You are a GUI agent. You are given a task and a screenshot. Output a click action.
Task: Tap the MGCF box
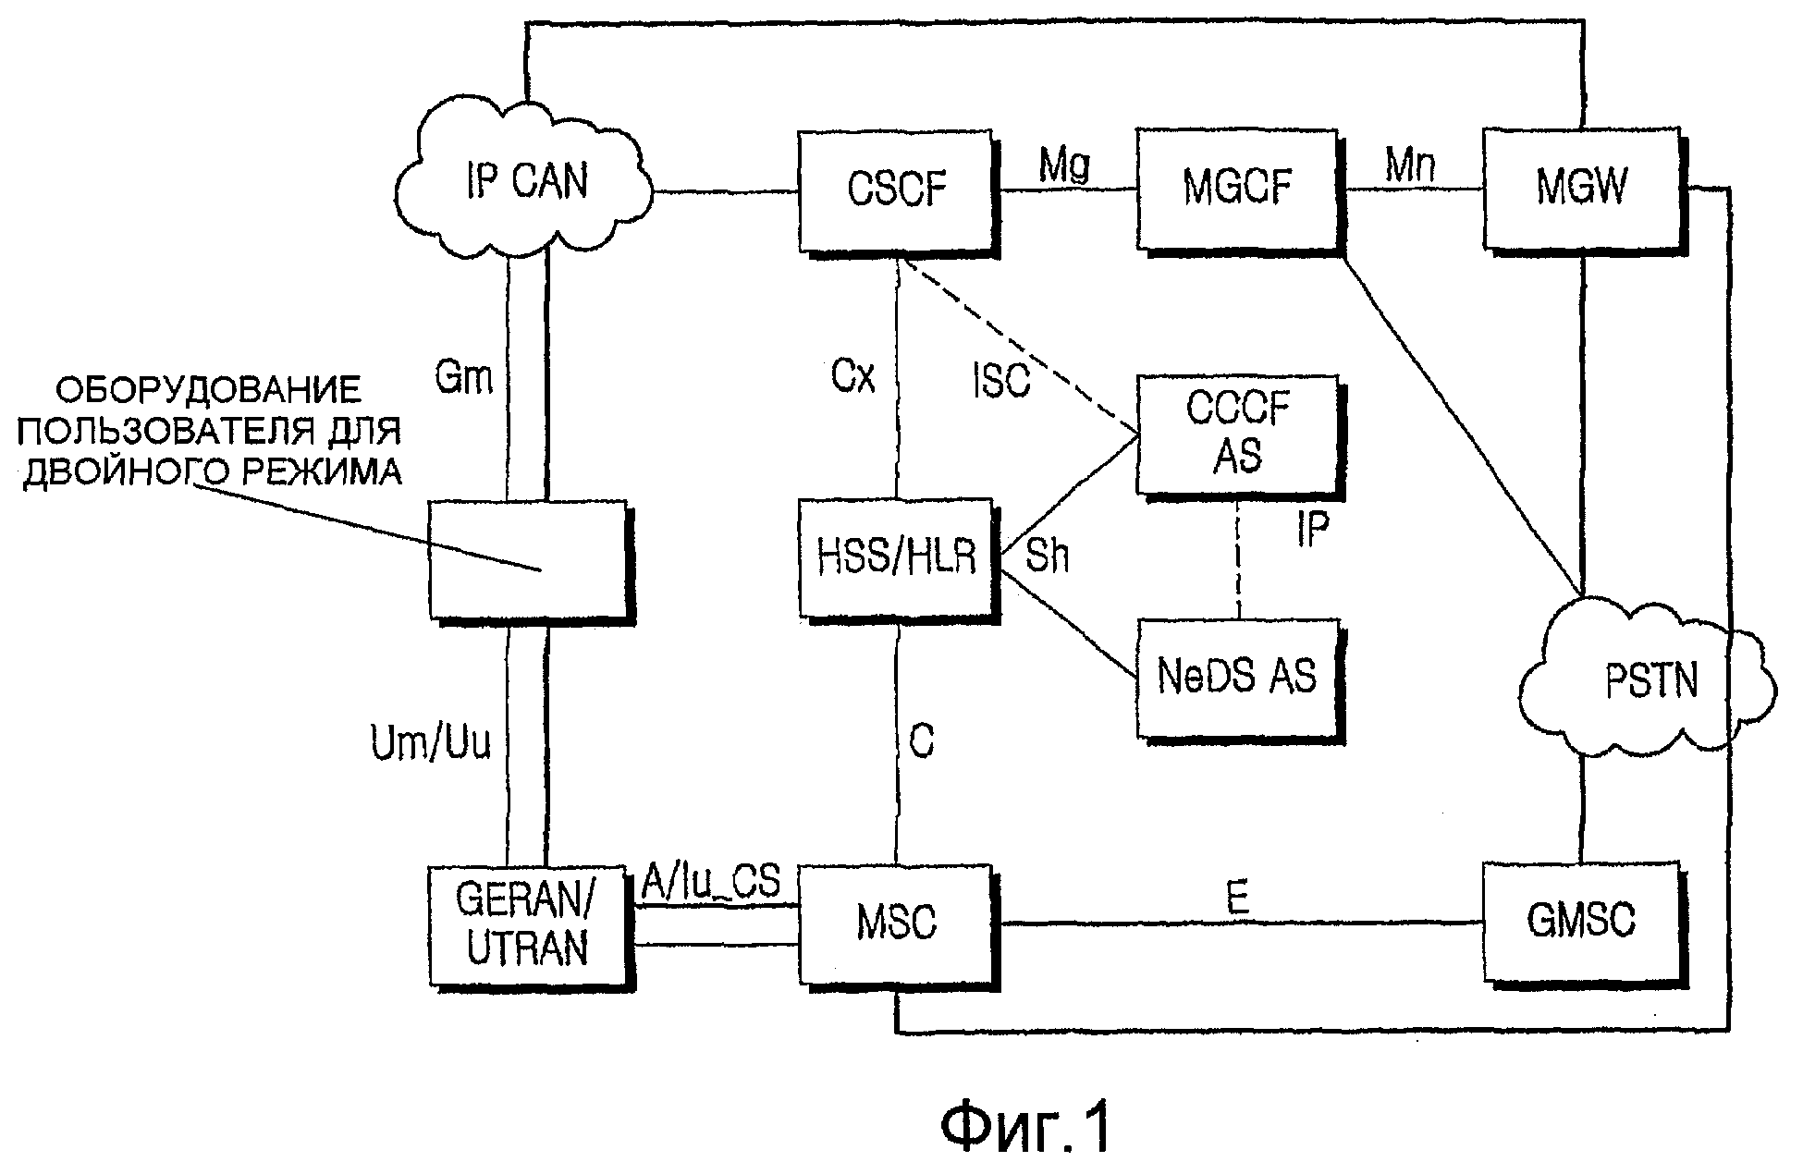tap(1236, 189)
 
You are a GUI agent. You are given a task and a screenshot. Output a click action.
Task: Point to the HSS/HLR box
tap(896, 558)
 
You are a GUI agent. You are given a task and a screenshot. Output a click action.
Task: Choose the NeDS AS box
tap(1237, 678)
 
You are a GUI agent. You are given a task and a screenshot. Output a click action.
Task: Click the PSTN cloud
tap(1650, 682)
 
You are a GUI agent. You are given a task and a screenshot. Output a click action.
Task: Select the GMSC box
tap(1580, 922)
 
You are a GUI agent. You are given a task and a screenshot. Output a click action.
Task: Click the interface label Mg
tap(1064, 166)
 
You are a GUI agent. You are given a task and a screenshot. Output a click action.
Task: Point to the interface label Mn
tap(1409, 166)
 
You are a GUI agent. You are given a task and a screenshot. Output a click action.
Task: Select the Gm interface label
tap(463, 377)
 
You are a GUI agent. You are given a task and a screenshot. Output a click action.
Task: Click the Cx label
tap(852, 377)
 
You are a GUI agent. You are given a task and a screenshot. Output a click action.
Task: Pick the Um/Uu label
tap(430, 743)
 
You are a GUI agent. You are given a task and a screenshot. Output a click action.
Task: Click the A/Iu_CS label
tap(711, 883)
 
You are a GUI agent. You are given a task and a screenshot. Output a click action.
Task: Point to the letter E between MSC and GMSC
tap(1237, 899)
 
